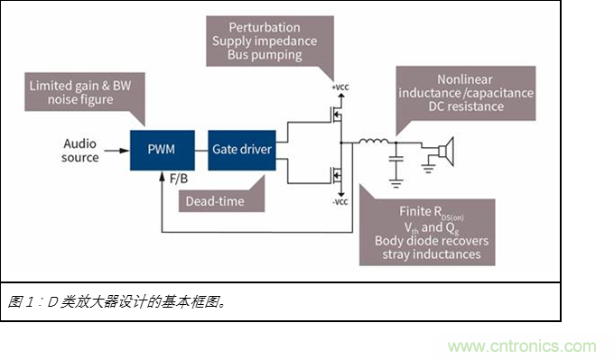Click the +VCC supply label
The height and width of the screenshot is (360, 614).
tap(340, 87)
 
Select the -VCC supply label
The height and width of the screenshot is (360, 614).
tap(340, 202)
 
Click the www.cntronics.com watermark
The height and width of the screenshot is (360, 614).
tap(522, 346)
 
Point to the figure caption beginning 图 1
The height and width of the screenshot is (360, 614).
tap(117, 301)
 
